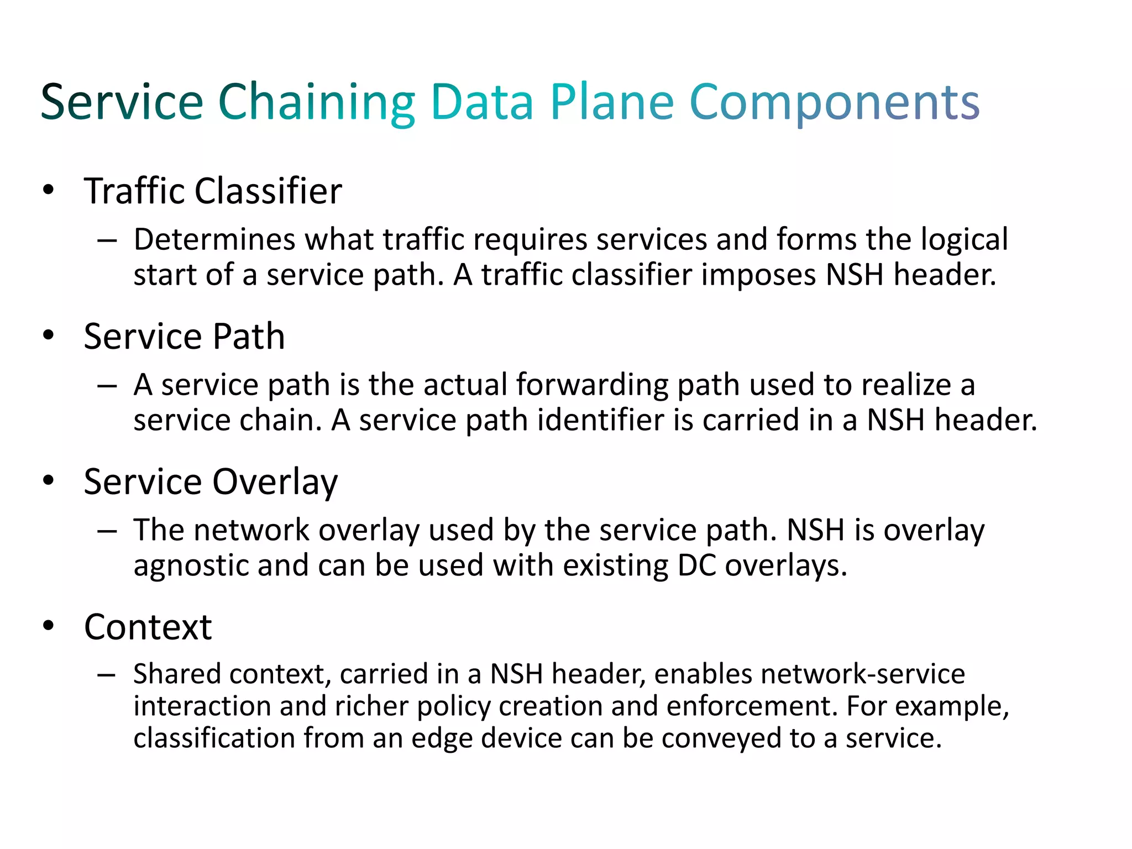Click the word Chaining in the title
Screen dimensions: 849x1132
tap(316, 103)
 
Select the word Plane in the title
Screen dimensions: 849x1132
tap(612, 103)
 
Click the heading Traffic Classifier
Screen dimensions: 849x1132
tap(213, 191)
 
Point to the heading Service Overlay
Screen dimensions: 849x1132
tap(211, 482)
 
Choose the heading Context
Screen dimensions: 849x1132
tap(148, 627)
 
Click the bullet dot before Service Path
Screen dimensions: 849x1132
tap(49, 335)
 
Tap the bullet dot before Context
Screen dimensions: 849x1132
tap(49, 626)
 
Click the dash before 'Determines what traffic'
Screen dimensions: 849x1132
tap(106, 241)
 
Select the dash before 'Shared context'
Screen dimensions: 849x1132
tap(106, 675)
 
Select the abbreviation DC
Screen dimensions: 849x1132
tap(696, 565)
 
